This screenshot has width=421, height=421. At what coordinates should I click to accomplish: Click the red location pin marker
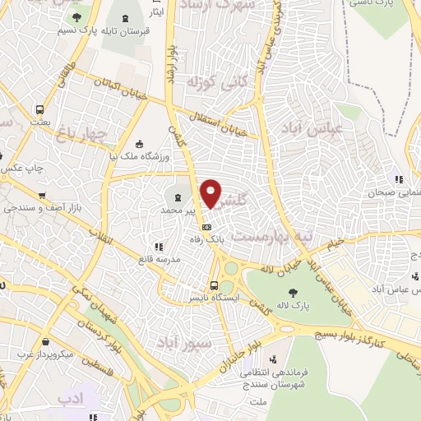[x=211, y=193]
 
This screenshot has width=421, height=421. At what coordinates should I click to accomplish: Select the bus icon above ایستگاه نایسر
[x=215, y=285]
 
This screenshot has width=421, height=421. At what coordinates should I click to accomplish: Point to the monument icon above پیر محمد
[x=178, y=197]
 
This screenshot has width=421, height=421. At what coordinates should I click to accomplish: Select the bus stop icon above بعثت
[x=39, y=109]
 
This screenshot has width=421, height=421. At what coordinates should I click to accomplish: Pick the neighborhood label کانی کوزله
[x=218, y=82]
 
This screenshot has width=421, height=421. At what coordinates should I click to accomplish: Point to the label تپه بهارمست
[x=271, y=234]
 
